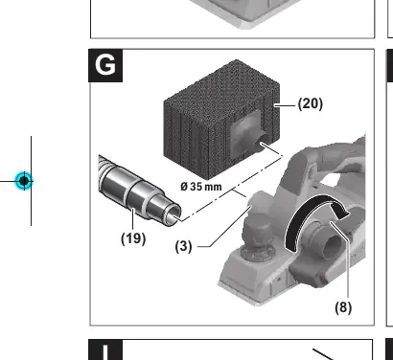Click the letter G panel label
point(105,65)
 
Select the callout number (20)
point(311,103)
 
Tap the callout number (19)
point(133,238)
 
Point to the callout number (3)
point(184,246)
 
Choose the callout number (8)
point(343,307)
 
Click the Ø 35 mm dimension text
point(201,187)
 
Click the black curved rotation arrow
point(307,220)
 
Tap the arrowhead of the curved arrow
point(340,212)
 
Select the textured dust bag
point(221,119)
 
